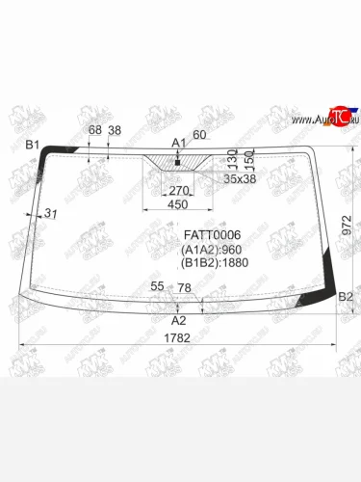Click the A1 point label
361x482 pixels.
click(x=178, y=143)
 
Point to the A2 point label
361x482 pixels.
click(x=178, y=320)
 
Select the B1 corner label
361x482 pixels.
click(x=32, y=145)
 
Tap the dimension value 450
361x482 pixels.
click(x=178, y=204)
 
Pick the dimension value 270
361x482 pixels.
click(x=179, y=191)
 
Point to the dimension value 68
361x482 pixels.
click(x=94, y=130)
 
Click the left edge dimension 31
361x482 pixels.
click(x=52, y=213)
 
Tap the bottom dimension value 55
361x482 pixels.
click(x=157, y=286)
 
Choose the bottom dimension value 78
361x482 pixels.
click(x=184, y=287)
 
